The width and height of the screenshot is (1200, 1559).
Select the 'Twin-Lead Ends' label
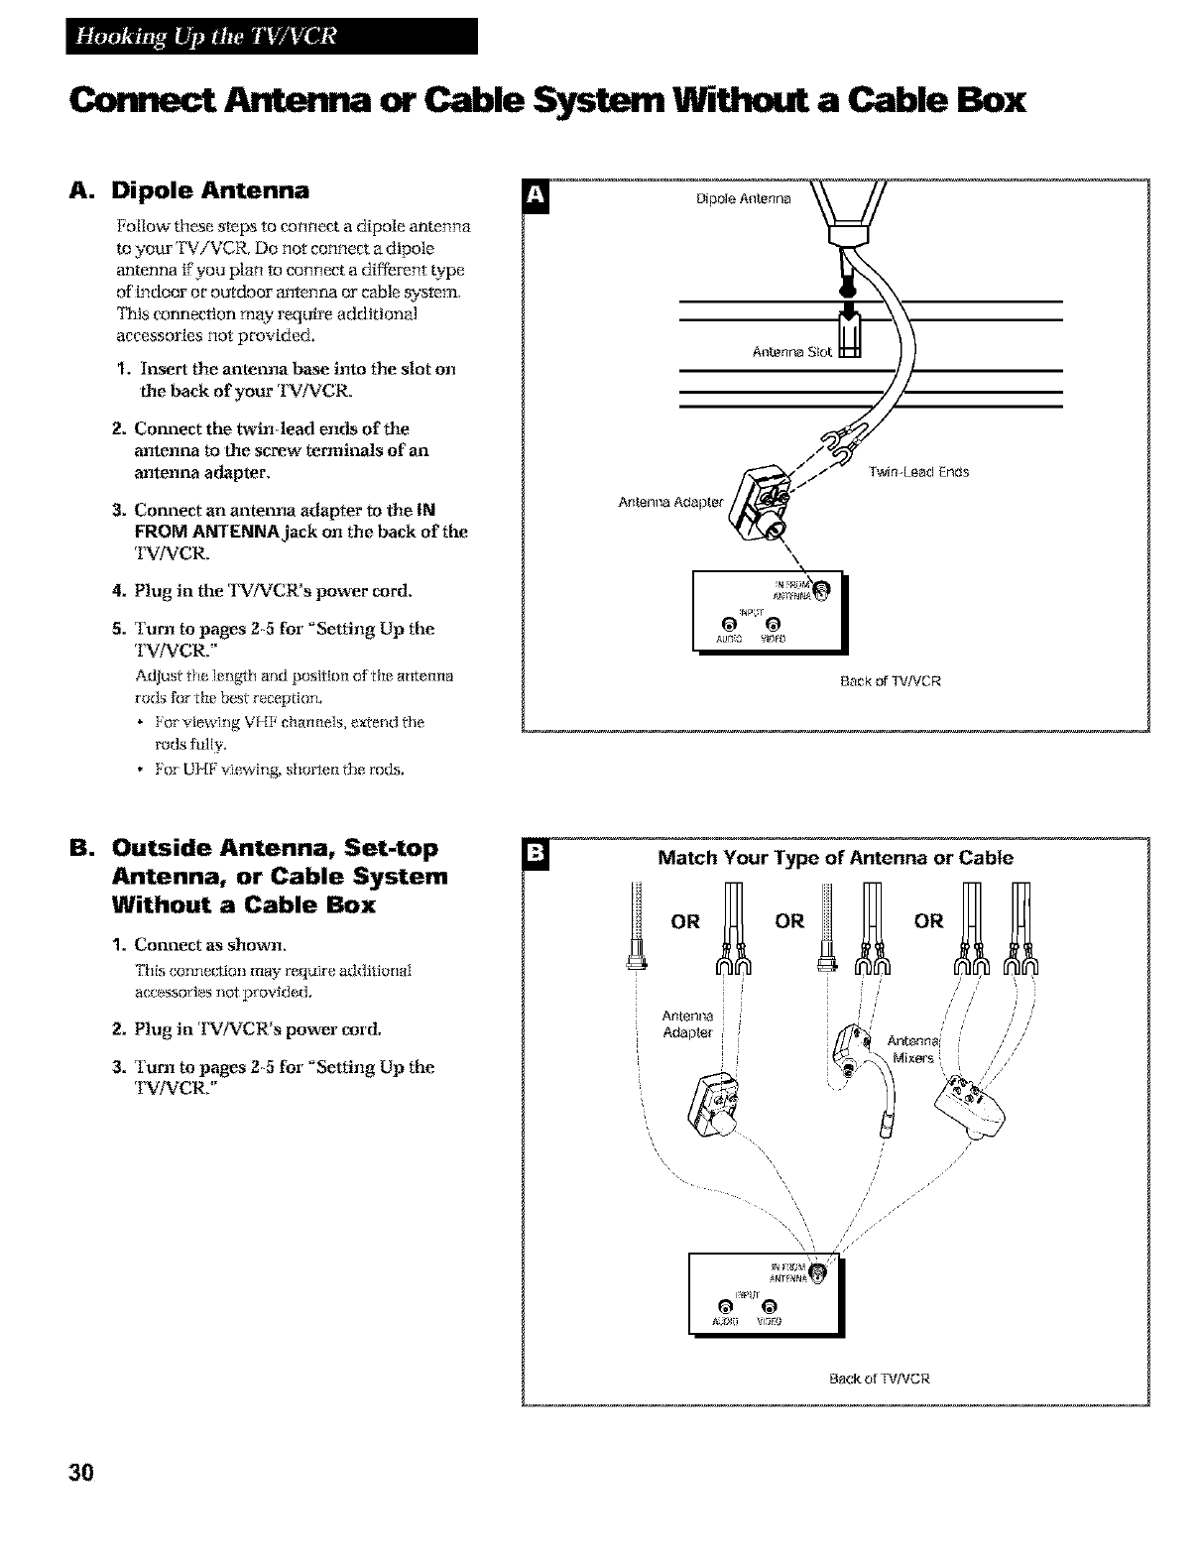pyautogui.click(x=918, y=472)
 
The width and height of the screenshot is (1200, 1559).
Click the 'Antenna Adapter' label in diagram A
pyautogui.click(x=671, y=501)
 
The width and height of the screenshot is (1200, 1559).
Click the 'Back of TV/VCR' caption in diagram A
pyautogui.click(x=890, y=681)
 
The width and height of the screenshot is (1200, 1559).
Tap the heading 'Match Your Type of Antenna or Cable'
pyautogui.click(x=835, y=858)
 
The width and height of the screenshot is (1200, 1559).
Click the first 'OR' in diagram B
pyautogui.click(x=686, y=921)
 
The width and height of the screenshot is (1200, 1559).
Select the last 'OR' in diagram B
pyautogui.click(x=929, y=921)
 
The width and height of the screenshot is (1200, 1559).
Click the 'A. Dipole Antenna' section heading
pyautogui.click(x=196, y=189)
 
